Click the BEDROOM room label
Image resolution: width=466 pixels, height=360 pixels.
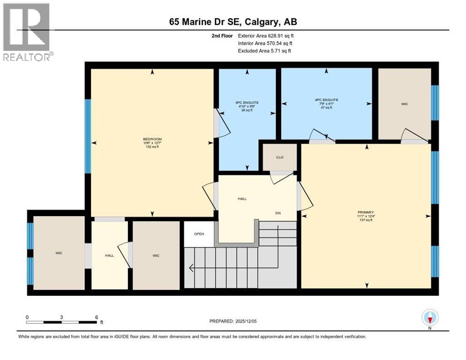pyautogui.click(x=152, y=139)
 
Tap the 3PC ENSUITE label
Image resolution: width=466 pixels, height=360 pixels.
pyautogui.click(x=247, y=102)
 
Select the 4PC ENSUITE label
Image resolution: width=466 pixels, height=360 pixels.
pyautogui.click(x=327, y=100)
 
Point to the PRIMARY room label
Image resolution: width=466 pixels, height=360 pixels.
pyautogui.click(x=366, y=212)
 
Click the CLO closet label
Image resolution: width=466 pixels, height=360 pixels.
pyautogui.click(x=280, y=157)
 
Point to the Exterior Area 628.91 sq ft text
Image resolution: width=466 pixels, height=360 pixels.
pyautogui.click(x=266, y=36)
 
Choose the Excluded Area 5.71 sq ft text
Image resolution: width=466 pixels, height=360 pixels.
pyautogui.click(x=264, y=51)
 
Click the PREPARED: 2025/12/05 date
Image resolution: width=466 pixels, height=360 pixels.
pyautogui.click(x=233, y=321)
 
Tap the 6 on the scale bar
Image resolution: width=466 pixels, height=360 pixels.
pyautogui.click(x=96, y=317)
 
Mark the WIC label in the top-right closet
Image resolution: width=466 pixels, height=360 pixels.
pyautogui.click(x=405, y=104)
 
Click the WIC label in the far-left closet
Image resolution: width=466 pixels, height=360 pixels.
pyautogui.click(x=59, y=253)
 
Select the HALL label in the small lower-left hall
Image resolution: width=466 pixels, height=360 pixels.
pyautogui.click(x=109, y=255)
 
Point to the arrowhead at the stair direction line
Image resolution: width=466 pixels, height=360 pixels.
pyautogui.click(x=191, y=268)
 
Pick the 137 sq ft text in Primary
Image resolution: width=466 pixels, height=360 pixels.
pyautogui.click(x=366, y=220)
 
